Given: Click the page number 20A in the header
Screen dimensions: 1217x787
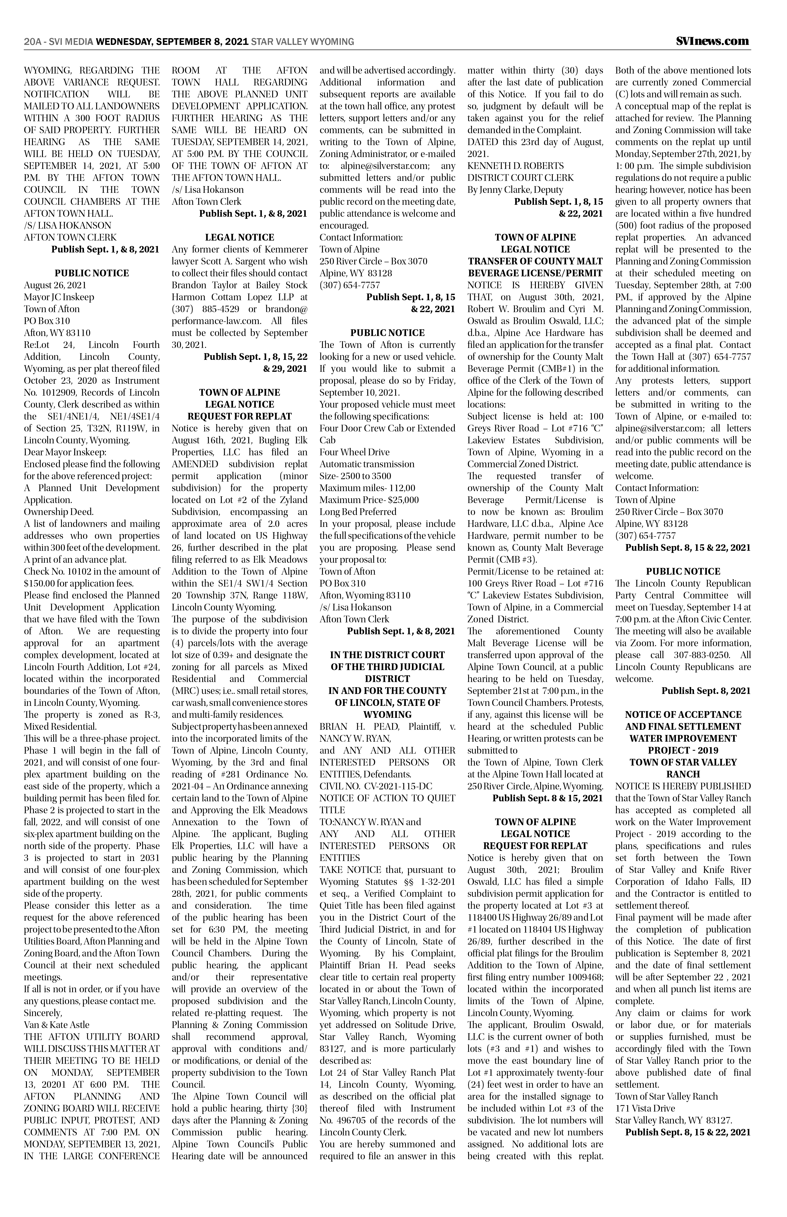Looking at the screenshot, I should [x=33, y=42].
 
